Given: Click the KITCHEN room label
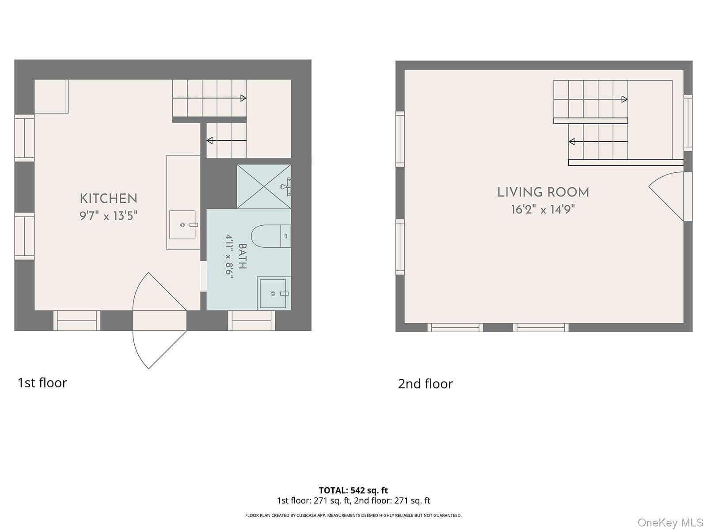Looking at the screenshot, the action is click(109, 199).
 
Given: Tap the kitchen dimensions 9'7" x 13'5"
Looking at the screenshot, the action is click(109, 216).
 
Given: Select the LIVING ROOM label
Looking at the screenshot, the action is click(543, 193).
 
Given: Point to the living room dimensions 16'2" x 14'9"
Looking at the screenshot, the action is click(543, 210).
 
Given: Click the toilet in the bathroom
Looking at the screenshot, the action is click(271, 236).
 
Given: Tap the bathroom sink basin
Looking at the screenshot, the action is click(273, 293).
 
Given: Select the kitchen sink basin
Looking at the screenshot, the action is click(182, 225).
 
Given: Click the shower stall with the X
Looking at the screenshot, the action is click(264, 187).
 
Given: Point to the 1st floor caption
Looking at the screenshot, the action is click(42, 383).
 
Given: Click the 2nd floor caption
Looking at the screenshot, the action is click(425, 384).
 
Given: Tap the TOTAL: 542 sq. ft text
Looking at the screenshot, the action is click(353, 490).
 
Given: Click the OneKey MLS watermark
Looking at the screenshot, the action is click(671, 522).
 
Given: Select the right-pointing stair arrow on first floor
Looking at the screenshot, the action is click(210, 98).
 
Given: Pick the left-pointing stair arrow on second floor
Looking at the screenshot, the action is click(598, 142).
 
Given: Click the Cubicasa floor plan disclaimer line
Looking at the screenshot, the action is click(353, 515).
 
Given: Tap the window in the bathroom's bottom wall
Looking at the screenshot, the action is click(252, 321).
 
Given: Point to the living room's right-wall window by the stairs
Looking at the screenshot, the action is click(688, 123).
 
